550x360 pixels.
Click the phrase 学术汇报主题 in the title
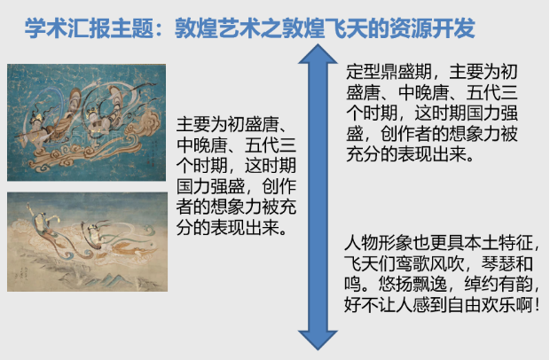click(90, 28)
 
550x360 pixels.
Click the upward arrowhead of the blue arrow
click(318, 54)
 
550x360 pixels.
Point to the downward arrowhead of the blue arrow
click(318, 340)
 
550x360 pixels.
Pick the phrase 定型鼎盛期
click(389, 72)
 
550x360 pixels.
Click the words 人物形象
click(378, 243)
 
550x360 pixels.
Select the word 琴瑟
click(499, 263)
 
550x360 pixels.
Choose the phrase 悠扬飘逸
click(412, 284)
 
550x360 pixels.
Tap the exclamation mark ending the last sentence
click(538, 305)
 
